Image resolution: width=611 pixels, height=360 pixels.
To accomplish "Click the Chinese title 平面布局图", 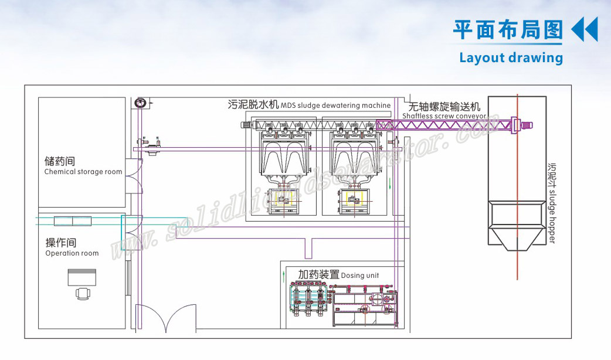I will tap(508, 30).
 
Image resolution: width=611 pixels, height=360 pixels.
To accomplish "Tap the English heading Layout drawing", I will tap(511, 57).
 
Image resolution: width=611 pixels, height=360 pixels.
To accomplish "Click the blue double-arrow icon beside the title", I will tap(584, 30).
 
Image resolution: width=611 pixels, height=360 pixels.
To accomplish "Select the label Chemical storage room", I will tap(83, 172).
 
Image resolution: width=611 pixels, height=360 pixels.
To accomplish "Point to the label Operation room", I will tap(72, 253).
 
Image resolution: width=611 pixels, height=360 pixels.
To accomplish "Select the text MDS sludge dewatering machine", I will tap(335, 106).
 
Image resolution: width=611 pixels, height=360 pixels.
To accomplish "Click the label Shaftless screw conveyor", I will tap(444, 116).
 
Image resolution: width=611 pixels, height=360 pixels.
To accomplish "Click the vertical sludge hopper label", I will tap(551, 202).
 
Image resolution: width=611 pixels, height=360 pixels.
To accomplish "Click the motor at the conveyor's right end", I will tap(525, 124).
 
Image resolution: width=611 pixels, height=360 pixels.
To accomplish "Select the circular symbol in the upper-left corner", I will tap(140, 103).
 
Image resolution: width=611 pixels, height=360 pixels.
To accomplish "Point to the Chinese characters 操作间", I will tap(61, 243).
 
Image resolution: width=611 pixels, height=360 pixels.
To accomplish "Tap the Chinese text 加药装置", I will tap(318, 274).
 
